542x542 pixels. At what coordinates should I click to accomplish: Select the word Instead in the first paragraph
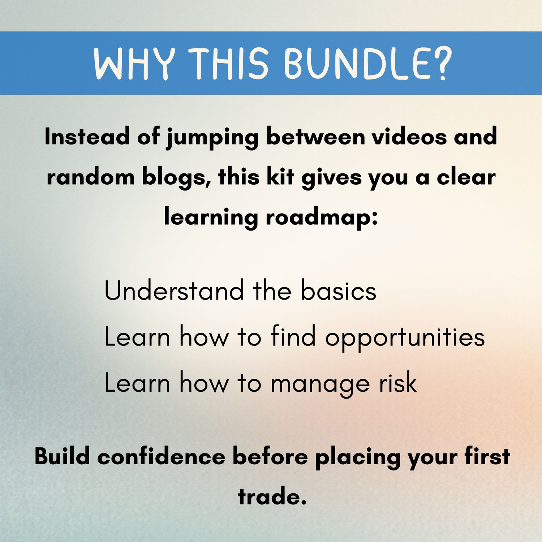point(87,137)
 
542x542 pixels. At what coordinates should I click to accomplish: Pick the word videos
point(409,137)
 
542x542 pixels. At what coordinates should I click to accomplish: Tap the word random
point(90,177)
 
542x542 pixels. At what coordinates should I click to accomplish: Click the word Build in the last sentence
point(62,456)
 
